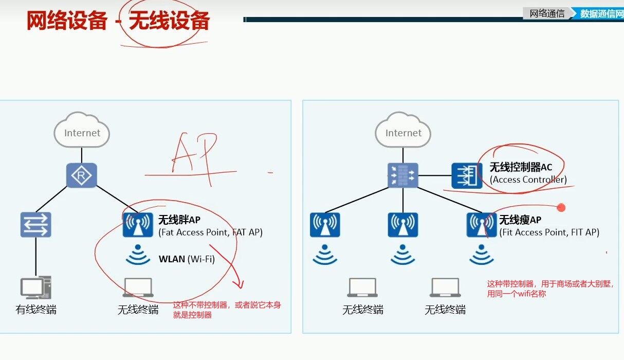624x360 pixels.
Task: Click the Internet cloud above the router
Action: tap(82, 132)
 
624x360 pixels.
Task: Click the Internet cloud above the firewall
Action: tap(403, 132)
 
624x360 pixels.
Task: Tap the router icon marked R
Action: tap(82, 176)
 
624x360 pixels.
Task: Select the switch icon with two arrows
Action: tap(36, 224)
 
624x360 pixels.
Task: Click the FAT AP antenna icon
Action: tap(138, 224)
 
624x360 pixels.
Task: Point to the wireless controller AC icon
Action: tap(467, 175)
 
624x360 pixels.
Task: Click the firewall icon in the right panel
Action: tap(403, 175)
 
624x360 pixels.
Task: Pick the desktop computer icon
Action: tap(35, 288)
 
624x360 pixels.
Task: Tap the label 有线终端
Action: tap(36, 310)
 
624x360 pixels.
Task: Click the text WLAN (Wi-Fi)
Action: tap(187, 259)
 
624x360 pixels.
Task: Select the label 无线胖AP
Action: tap(179, 220)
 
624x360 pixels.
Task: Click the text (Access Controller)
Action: tap(528, 179)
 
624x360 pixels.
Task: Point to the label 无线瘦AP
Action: tap(520, 220)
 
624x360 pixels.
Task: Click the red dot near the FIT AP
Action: tap(561, 208)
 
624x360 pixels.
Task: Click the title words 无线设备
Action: tap(169, 22)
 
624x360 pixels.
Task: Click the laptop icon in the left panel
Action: tap(138, 287)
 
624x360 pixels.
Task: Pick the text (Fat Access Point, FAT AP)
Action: tap(210, 232)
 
